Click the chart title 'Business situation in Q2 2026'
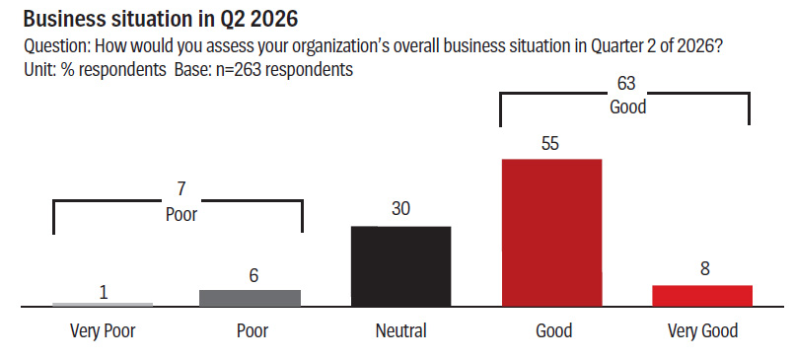[160, 19]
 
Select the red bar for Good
[551, 233]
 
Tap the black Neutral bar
[400, 266]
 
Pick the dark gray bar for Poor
[250, 298]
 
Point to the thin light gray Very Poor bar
[103, 304]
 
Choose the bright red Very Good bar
[702, 296]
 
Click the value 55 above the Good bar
[550, 143]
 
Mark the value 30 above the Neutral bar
[400, 209]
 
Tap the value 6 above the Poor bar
[253, 275]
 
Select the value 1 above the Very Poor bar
[104, 293]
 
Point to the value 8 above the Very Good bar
[705, 268]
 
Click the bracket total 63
[626, 83]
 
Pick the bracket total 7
[181, 189]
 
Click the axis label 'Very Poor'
[103, 331]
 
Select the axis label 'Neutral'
[401, 331]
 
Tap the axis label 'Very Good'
[702, 331]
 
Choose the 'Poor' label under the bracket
[181, 214]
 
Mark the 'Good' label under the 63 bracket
[627, 107]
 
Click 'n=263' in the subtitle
[231, 69]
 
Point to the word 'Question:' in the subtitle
[57, 46]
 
